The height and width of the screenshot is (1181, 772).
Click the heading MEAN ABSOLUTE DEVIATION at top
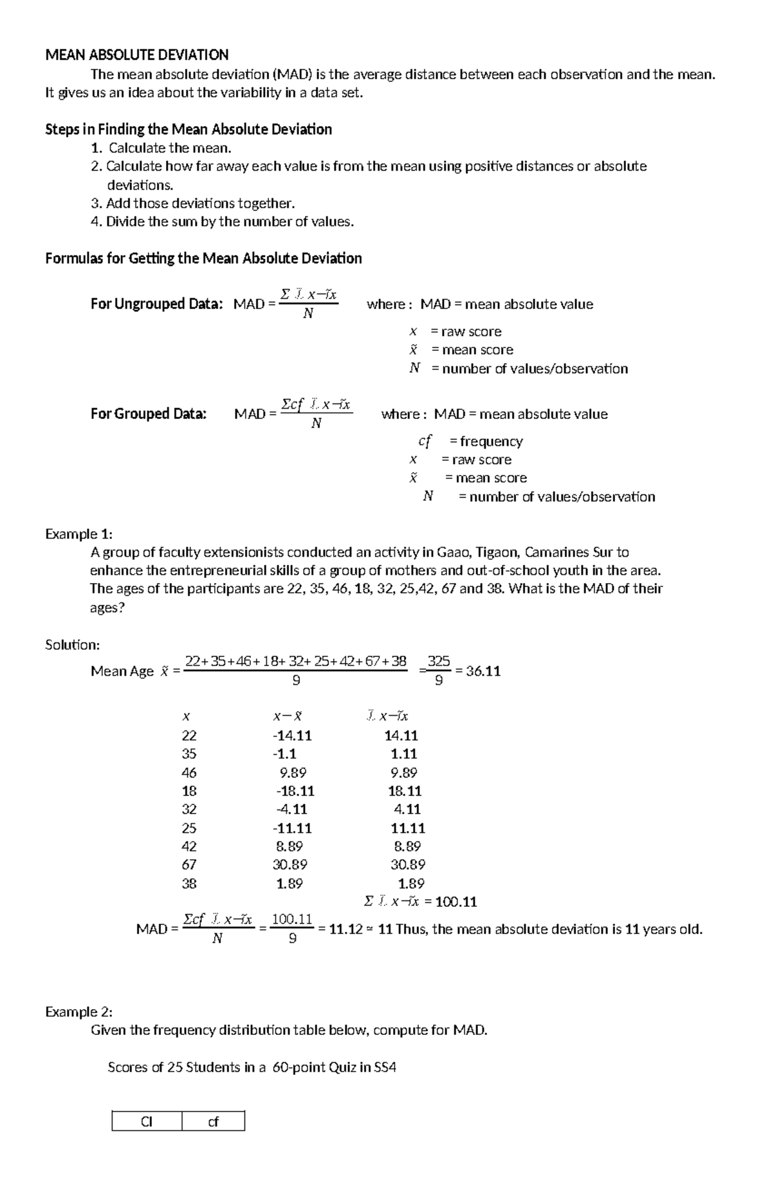click(136, 55)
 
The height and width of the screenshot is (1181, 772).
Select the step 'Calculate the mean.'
click(169, 148)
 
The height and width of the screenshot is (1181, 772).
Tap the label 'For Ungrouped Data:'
click(156, 304)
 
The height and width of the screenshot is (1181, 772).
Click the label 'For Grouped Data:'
click(149, 414)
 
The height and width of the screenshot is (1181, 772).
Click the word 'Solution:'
click(72, 645)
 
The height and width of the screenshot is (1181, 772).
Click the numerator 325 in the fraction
click(439, 662)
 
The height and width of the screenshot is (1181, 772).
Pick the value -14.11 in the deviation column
click(292, 736)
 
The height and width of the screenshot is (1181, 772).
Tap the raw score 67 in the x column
click(189, 865)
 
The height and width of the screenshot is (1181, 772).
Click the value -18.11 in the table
click(295, 791)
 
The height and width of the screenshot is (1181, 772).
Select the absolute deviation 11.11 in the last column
click(408, 828)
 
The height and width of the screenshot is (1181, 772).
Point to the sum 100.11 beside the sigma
click(456, 902)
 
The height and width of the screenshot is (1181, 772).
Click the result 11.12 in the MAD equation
click(345, 929)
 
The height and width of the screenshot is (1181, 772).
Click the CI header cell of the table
click(147, 1122)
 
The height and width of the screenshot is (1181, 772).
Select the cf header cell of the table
click(213, 1122)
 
